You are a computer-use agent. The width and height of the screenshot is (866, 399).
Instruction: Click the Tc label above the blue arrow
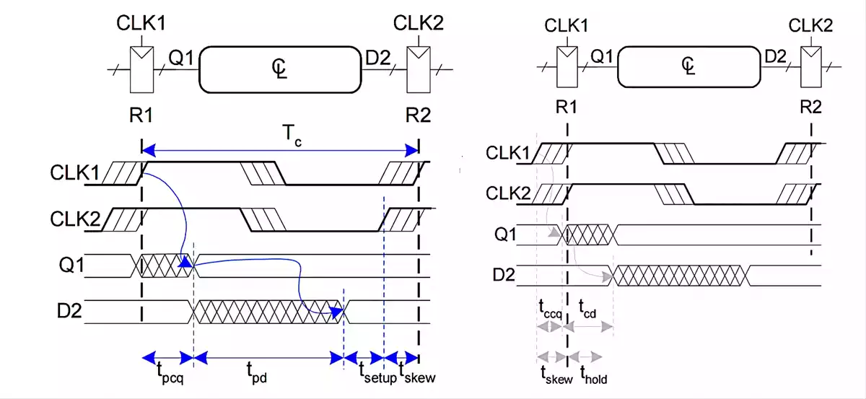click(292, 136)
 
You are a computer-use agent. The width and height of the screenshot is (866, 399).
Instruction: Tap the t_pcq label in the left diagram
click(170, 374)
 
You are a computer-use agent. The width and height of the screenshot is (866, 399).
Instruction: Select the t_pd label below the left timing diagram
click(257, 373)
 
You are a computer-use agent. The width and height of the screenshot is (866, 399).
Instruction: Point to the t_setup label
click(377, 373)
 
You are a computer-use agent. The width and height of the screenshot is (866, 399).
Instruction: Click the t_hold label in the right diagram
click(593, 374)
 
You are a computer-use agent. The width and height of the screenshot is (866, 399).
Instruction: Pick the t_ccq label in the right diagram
click(551, 310)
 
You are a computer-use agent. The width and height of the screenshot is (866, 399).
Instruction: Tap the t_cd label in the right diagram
click(587, 309)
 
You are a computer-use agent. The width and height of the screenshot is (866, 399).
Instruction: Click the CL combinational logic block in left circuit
click(280, 69)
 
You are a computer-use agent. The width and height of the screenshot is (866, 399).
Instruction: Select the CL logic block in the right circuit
click(689, 66)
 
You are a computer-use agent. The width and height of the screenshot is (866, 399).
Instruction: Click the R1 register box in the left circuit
click(141, 69)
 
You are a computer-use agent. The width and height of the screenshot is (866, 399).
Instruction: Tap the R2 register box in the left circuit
click(419, 69)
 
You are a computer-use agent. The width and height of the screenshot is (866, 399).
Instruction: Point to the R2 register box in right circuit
click(810, 67)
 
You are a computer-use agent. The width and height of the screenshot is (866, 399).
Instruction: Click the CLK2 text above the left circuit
click(419, 23)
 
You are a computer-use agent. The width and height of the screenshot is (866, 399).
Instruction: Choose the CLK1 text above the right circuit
click(567, 25)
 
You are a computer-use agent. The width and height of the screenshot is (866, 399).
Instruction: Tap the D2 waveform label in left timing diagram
click(69, 311)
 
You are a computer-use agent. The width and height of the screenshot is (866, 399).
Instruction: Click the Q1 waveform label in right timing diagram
click(505, 234)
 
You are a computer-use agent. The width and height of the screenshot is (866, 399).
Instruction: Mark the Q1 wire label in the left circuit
click(181, 58)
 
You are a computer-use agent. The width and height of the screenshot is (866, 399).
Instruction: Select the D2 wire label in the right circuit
click(776, 57)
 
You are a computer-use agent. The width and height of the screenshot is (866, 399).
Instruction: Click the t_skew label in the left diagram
click(417, 373)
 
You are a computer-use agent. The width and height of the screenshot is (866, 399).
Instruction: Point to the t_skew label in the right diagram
click(556, 375)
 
